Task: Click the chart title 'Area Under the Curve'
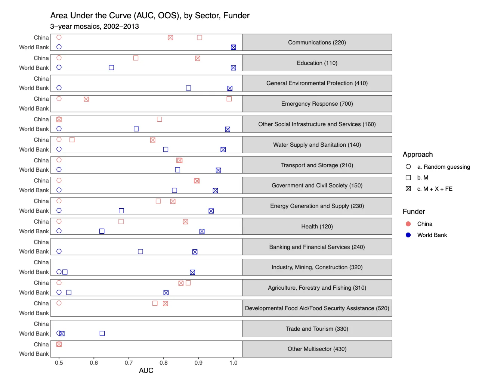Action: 149,16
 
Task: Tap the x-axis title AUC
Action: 146,370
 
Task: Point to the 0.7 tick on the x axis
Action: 129,362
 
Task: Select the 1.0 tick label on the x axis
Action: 233,362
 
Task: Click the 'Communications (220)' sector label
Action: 317,43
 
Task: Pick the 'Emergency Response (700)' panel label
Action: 317,104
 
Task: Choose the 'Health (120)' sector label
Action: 317,227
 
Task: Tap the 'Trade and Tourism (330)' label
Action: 317,329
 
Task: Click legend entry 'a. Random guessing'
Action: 443,167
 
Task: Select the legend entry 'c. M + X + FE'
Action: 435,189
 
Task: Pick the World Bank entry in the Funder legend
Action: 432,235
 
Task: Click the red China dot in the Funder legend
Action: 408,224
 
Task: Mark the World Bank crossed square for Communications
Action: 234,47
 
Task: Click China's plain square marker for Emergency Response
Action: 229,99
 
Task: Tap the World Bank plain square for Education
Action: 111,68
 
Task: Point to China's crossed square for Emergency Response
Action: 86,99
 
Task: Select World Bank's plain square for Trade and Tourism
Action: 102,333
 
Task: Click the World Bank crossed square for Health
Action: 202,231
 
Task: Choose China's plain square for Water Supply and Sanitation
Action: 72,140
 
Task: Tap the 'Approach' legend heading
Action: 418,155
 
